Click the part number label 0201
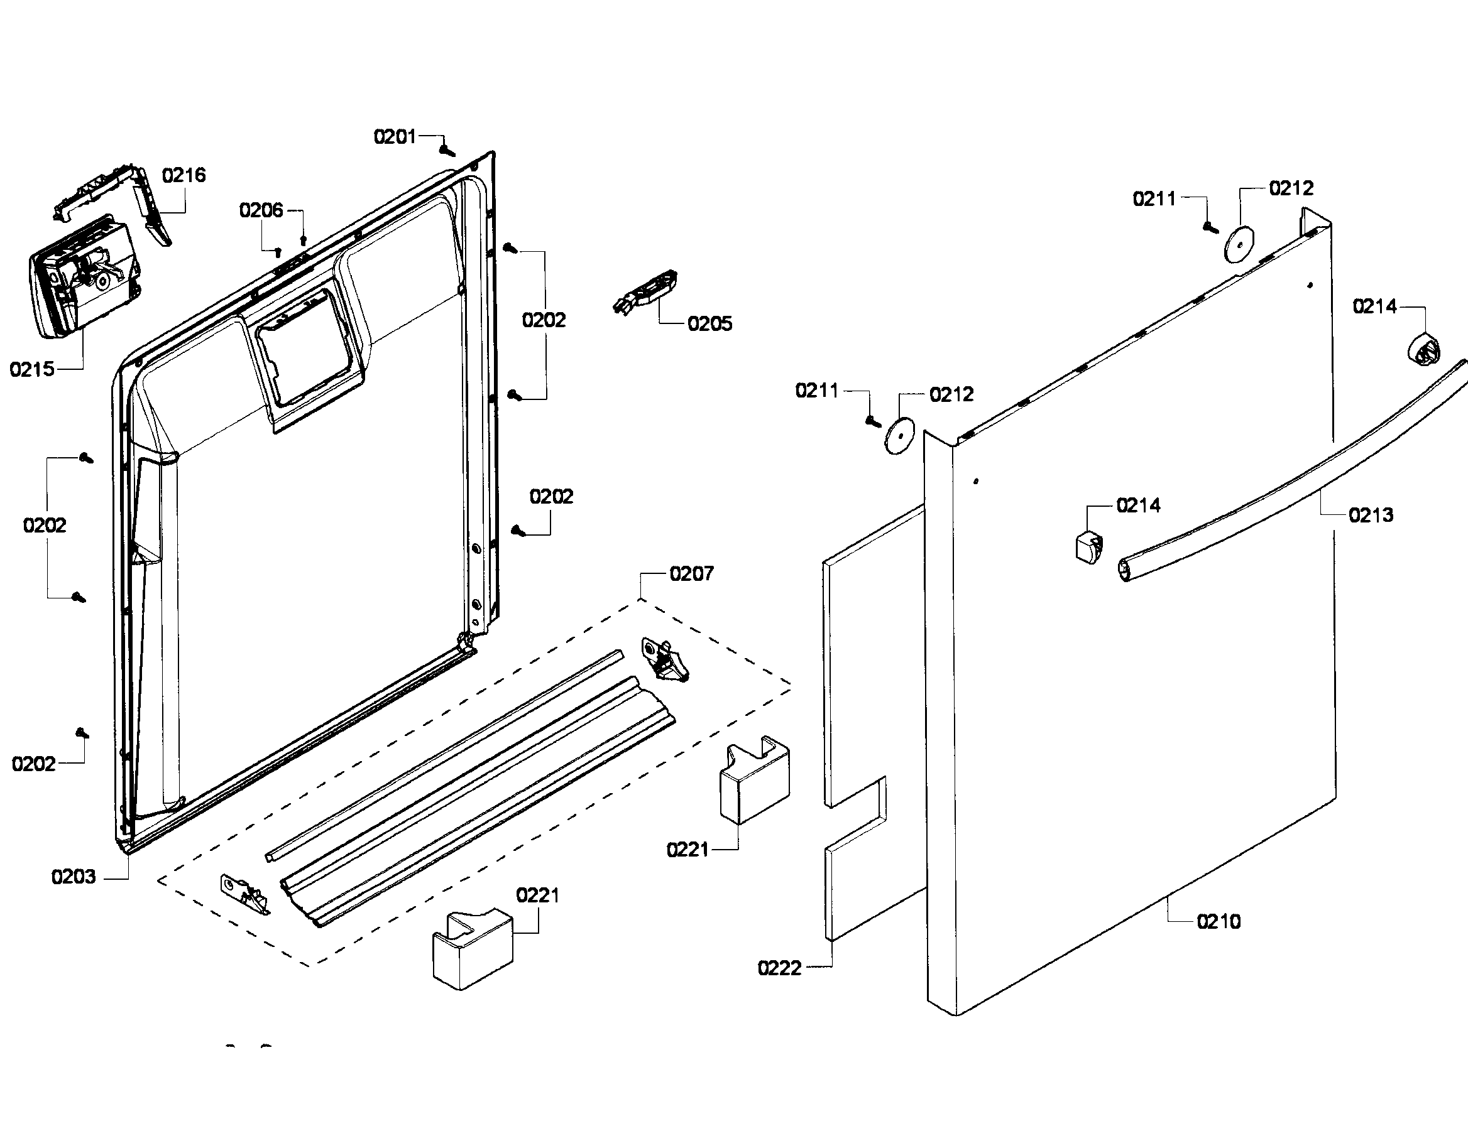pyautogui.click(x=395, y=137)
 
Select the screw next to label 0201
pyautogui.click(x=446, y=149)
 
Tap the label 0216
pyautogui.click(x=183, y=175)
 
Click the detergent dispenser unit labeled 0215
pyautogui.click(x=84, y=277)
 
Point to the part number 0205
pyautogui.click(x=709, y=324)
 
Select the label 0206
pyautogui.click(x=261, y=211)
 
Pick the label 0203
pyautogui.click(x=74, y=877)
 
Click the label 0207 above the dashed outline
pyautogui.click(x=691, y=574)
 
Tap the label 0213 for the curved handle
pyautogui.click(x=1371, y=516)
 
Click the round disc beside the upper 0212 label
pyautogui.click(x=1239, y=244)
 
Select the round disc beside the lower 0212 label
pyautogui.click(x=900, y=436)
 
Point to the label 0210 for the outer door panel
pyautogui.click(x=1218, y=921)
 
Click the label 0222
pyautogui.click(x=779, y=968)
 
